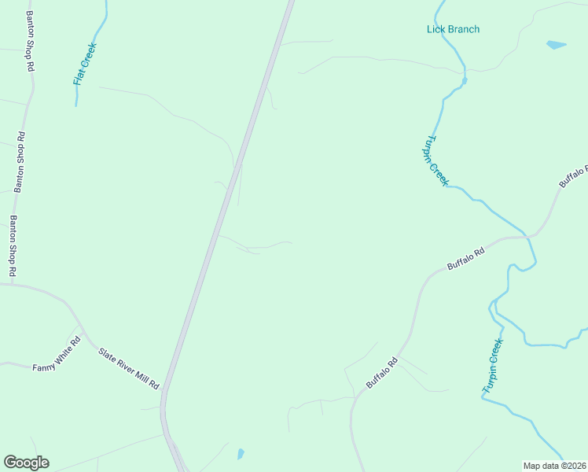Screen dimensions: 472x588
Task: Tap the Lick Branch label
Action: pos(453,29)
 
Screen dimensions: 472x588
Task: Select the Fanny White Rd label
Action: pos(57,356)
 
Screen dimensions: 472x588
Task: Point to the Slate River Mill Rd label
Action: pos(129,368)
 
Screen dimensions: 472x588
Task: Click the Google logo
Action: pos(26,463)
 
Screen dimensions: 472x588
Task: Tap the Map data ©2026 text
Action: pos(554,466)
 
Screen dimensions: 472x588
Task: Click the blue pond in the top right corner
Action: pos(556,45)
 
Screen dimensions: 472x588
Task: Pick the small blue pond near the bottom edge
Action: pos(240,454)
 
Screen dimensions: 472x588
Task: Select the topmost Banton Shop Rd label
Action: pos(30,42)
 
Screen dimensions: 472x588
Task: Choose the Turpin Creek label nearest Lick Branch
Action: pos(437,159)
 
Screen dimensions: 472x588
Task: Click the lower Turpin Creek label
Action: pos(492,366)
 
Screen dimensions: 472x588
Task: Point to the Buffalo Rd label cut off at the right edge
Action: pos(574,176)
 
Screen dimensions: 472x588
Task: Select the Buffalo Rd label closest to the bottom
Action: pos(383,373)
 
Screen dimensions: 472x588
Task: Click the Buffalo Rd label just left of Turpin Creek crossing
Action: pos(465,256)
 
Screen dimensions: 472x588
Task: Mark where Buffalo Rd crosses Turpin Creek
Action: pos(528,236)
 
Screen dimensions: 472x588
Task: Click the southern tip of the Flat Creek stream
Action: pos(76,105)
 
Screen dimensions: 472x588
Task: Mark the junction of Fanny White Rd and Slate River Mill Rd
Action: pos(79,326)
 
